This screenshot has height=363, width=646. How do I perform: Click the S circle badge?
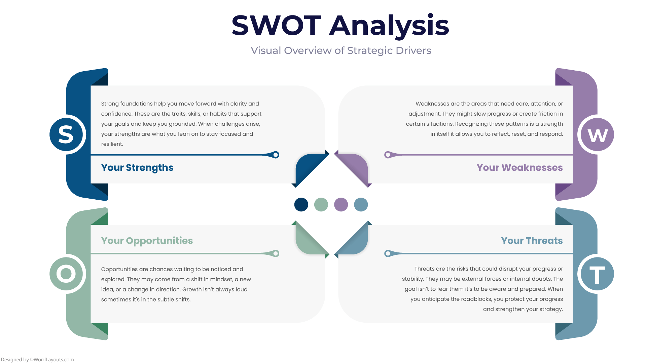pyautogui.click(x=66, y=134)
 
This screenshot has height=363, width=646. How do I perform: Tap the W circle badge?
pyautogui.click(x=597, y=134)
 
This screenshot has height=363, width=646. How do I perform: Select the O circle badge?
pyautogui.click(x=66, y=274)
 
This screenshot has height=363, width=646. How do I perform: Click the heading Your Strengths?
pyautogui.click(x=137, y=167)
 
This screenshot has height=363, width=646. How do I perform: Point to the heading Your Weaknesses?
pyautogui.click(x=519, y=167)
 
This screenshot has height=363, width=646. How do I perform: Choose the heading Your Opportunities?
pyautogui.click(x=147, y=241)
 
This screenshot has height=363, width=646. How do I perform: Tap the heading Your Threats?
pyautogui.click(x=532, y=241)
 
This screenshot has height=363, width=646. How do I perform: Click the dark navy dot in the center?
pyautogui.click(x=301, y=205)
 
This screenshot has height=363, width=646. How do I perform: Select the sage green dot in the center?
pyautogui.click(x=321, y=205)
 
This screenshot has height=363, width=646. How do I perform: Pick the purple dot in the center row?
pyautogui.click(x=341, y=205)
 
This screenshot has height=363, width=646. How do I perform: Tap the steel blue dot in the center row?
pyautogui.click(x=361, y=205)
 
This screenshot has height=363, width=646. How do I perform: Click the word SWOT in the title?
pyautogui.click(x=276, y=26)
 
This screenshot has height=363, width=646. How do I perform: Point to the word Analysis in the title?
pyautogui.click(x=389, y=26)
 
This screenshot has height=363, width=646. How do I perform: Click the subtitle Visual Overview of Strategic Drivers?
pyautogui.click(x=341, y=50)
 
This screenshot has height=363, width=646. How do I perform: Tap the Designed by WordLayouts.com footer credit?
pyautogui.click(x=37, y=360)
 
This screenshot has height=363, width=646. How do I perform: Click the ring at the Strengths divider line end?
pyautogui.click(x=276, y=155)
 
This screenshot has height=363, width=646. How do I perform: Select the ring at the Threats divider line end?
pyautogui.click(x=388, y=253)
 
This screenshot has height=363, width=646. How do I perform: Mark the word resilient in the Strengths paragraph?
pyautogui.click(x=112, y=144)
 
